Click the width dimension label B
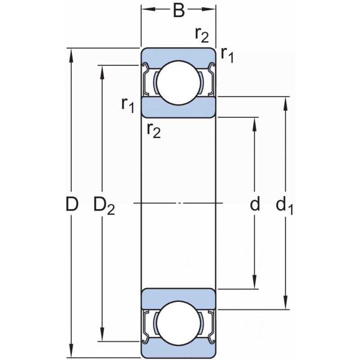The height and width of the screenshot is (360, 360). pyautogui.click(x=179, y=11)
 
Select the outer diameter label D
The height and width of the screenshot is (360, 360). pyautogui.click(x=72, y=204)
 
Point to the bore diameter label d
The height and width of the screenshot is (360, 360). pyautogui.click(x=255, y=203)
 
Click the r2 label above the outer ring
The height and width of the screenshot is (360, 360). pyautogui.click(x=202, y=35)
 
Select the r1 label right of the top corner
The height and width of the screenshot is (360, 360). pyautogui.click(x=227, y=55)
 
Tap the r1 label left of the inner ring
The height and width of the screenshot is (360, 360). pyautogui.click(x=128, y=105)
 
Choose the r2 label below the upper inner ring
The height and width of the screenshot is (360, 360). pyautogui.click(x=154, y=131)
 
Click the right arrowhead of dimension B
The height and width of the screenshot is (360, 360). pyautogui.click(x=208, y=9)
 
